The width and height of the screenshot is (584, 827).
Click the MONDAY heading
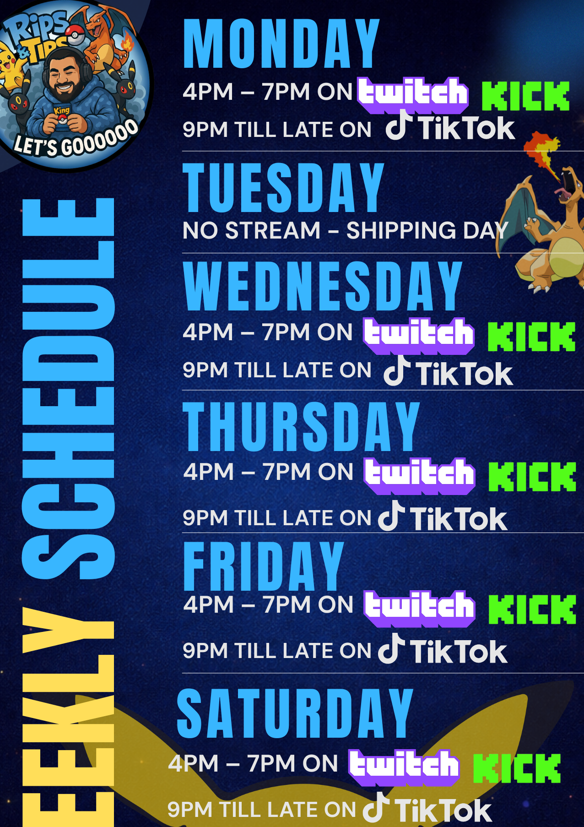[x=281, y=44]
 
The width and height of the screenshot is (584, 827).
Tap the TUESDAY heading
[x=283, y=188]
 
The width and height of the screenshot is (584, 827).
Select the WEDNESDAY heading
[x=322, y=286]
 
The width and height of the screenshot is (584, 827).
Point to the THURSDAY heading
[x=301, y=426]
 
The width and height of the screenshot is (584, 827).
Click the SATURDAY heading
[x=295, y=713]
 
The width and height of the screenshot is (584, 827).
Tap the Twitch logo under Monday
[x=413, y=95]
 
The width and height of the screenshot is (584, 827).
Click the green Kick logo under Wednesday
[x=531, y=337]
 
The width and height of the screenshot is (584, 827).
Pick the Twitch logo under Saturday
[x=404, y=767]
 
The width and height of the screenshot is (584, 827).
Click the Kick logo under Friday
[x=532, y=609]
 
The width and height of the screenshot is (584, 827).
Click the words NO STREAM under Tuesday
[x=251, y=230]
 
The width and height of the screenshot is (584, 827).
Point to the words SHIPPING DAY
[x=427, y=230]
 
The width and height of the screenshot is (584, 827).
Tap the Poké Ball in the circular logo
[x=75, y=34]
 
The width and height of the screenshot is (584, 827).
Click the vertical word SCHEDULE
[x=68, y=389]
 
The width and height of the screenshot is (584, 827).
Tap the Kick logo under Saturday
[x=517, y=768]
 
